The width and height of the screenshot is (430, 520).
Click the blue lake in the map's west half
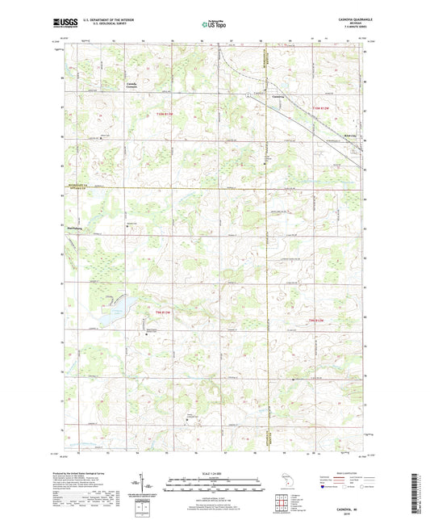(x=122, y=304)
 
